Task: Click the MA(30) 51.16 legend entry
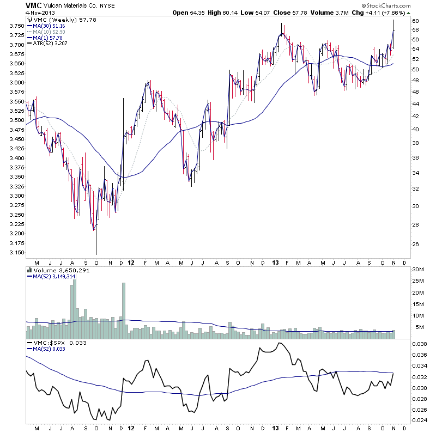tap(50, 26)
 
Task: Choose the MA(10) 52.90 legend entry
tap(50, 32)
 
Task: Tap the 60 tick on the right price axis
tap(415, 21)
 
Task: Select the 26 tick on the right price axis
tap(415, 244)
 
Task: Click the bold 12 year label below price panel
tap(131, 263)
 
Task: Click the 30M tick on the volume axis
tap(418, 269)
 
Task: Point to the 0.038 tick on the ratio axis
tap(419, 344)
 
